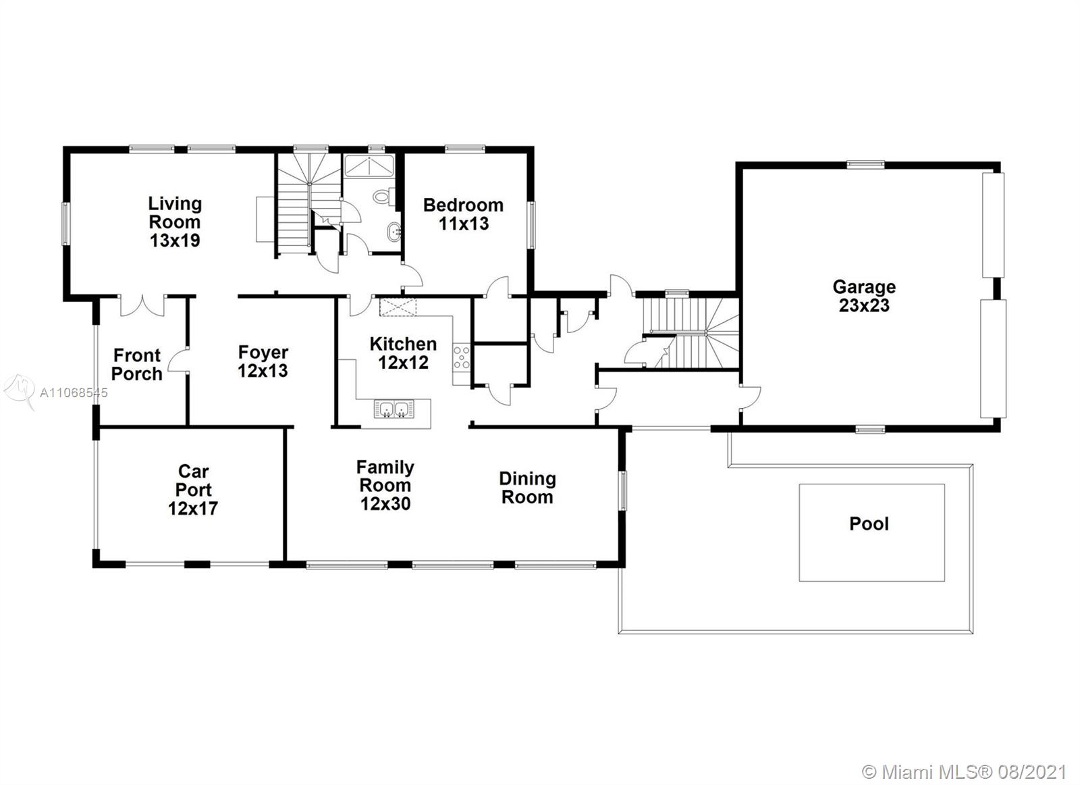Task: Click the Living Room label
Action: pyautogui.click(x=175, y=222)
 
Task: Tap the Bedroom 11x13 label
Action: pyautogui.click(x=463, y=214)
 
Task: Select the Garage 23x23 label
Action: pyautogui.click(x=864, y=297)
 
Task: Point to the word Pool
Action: pyautogui.click(x=869, y=524)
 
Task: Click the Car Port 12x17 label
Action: pyautogui.click(x=193, y=490)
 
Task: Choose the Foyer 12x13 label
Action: pyautogui.click(x=263, y=361)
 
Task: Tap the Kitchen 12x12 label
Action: pyautogui.click(x=403, y=353)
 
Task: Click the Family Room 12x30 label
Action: pyautogui.click(x=385, y=485)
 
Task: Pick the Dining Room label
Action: pyautogui.click(x=527, y=488)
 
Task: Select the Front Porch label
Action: pyautogui.click(x=137, y=365)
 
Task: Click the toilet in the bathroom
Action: pyautogui.click(x=383, y=197)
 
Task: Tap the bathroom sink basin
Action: pyautogui.click(x=394, y=232)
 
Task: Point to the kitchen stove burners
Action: pyautogui.click(x=462, y=357)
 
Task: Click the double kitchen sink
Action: pyautogui.click(x=394, y=409)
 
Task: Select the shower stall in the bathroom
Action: pyautogui.click(x=369, y=166)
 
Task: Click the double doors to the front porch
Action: pyautogui.click(x=142, y=305)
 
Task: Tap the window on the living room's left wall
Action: pyautogui.click(x=65, y=224)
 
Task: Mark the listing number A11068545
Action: pyautogui.click(x=74, y=392)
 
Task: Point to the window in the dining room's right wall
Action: pyautogui.click(x=623, y=490)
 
